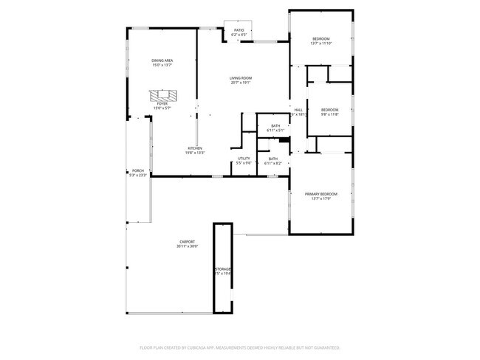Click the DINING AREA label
point(162,61)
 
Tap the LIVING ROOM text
point(241,77)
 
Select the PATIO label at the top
point(239,30)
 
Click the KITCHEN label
point(195,148)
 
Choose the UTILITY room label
point(244,159)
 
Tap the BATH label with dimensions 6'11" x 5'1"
point(275,125)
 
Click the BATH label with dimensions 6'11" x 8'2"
point(273,159)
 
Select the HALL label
point(298,110)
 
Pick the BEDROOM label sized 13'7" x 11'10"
point(320,38)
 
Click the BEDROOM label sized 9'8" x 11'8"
point(329,110)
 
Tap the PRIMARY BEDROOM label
point(320,193)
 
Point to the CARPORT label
point(187,241)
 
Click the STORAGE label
point(223,269)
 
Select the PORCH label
point(137,170)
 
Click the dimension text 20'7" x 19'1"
point(241,83)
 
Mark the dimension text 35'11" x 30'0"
point(187,246)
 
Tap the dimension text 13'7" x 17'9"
point(320,198)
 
